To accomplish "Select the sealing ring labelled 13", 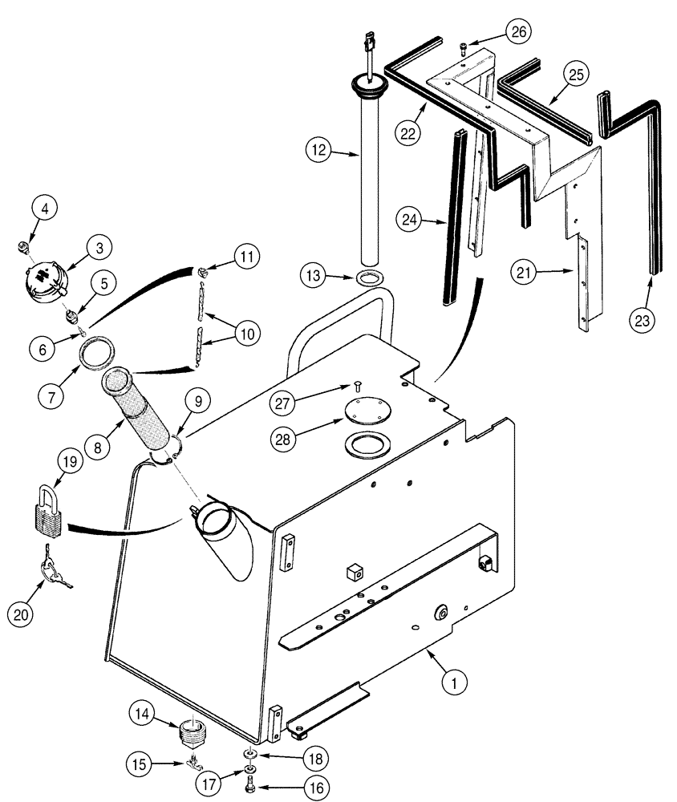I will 370,279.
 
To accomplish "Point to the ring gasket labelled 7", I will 100,353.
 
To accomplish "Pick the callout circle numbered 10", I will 247,333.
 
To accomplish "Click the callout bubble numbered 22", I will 407,133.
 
